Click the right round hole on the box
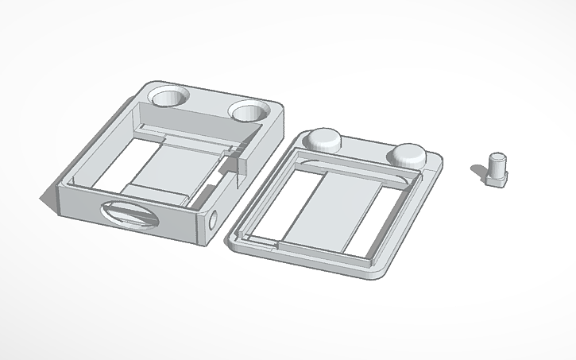click(249, 111)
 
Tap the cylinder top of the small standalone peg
click(499, 157)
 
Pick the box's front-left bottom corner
click(56, 208)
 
